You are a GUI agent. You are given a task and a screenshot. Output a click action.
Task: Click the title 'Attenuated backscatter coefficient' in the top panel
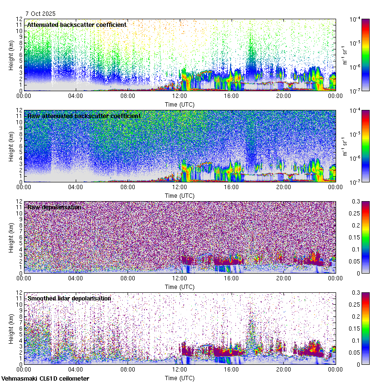(x=77, y=25)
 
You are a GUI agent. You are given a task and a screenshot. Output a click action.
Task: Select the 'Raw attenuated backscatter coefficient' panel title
(x=84, y=116)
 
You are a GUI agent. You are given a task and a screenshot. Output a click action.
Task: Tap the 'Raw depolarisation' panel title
(x=54, y=207)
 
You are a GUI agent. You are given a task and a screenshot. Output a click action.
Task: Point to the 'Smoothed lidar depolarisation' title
(x=69, y=299)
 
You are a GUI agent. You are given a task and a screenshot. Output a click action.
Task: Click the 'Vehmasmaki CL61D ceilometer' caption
(x=45, y=379)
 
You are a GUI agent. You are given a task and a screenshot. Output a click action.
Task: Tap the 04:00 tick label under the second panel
(x=76, y=187)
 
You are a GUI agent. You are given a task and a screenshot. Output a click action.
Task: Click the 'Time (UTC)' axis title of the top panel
(x=179, y=104)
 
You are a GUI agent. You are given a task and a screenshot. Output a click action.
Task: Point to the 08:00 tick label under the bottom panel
(x=128, y=369)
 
